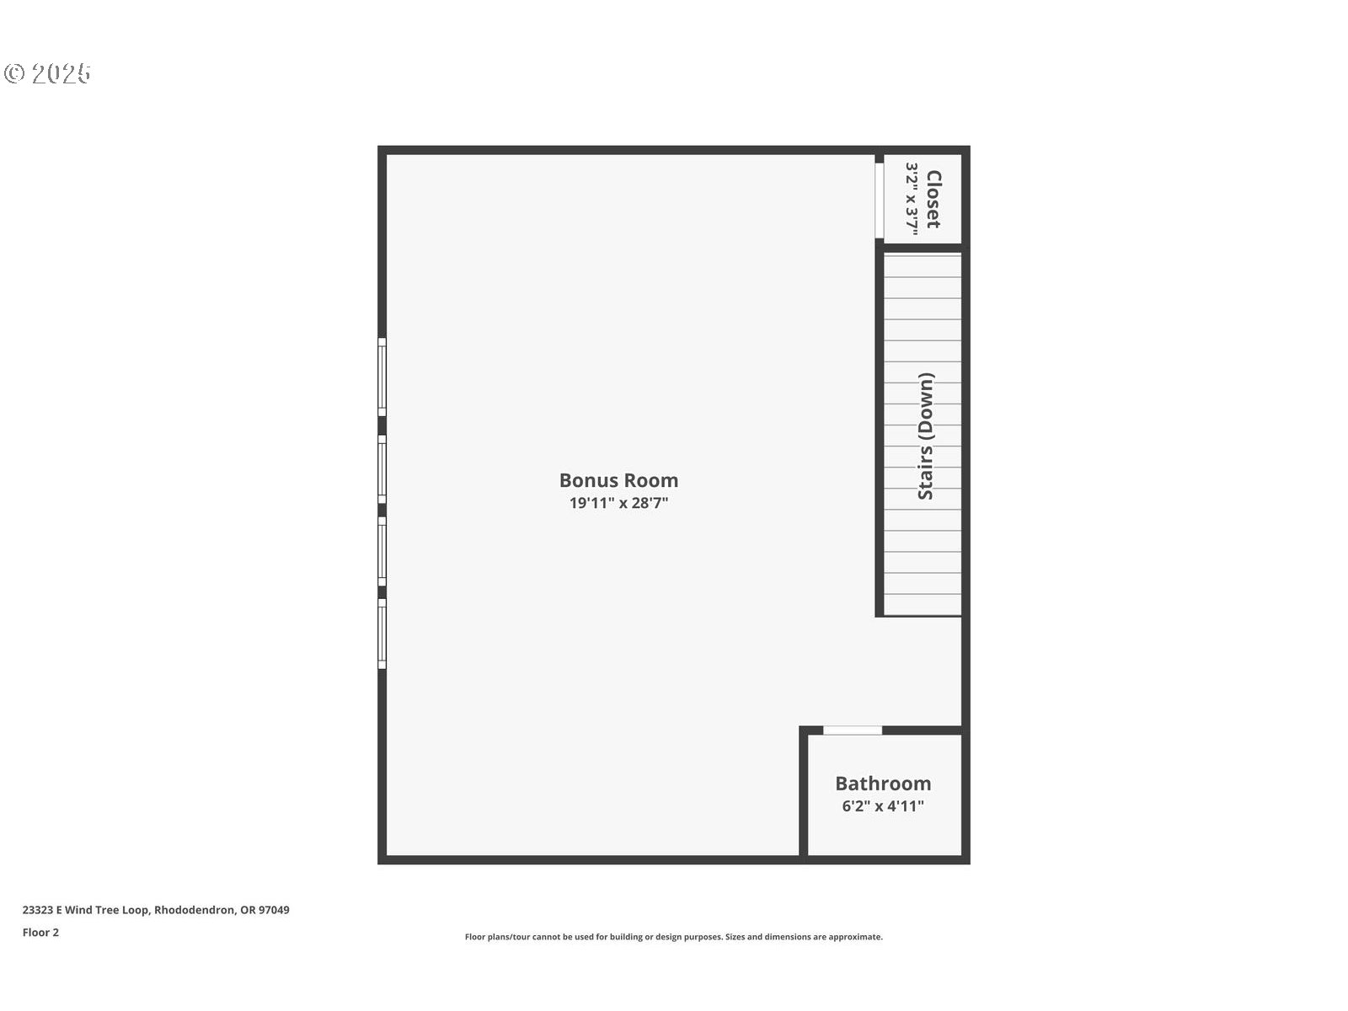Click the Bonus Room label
pyautogui.click(x=618, y=480)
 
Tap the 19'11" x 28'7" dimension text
pyautogui.click(x=618, y=503)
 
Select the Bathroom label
pyautogui.click(x=883, y=784)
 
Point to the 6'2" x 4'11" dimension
pyautogui.click(x=883, y=806)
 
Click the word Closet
pyautogui.click(x=933, y=199)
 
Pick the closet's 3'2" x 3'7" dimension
pyautogui.click(x=912, y=199)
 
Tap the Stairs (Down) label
pyautogui.click(x=925, y=436)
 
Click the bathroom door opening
pyautogui.click(x=853, y=730)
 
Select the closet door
pyautogui.click(x=880, y=201)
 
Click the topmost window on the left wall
pyautogui.click(x=382, y=377)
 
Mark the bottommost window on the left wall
pyautogui.click(x=382, y=634)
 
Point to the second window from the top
pyautogui.click(x=382, y=469)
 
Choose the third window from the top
pyautogui.click(x=382, y=551)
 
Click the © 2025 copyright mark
pyautogui.click(x=47, y=73)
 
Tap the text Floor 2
pyautogui.click(x=40, y=933)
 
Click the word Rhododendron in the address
pyautogui.click(x=195, y=910)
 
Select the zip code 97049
pyautogui.click(x=274, y=910)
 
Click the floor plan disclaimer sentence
pyautogui.click(x=674, y=937)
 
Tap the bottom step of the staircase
pyautogui.click(x=923, y=605)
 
